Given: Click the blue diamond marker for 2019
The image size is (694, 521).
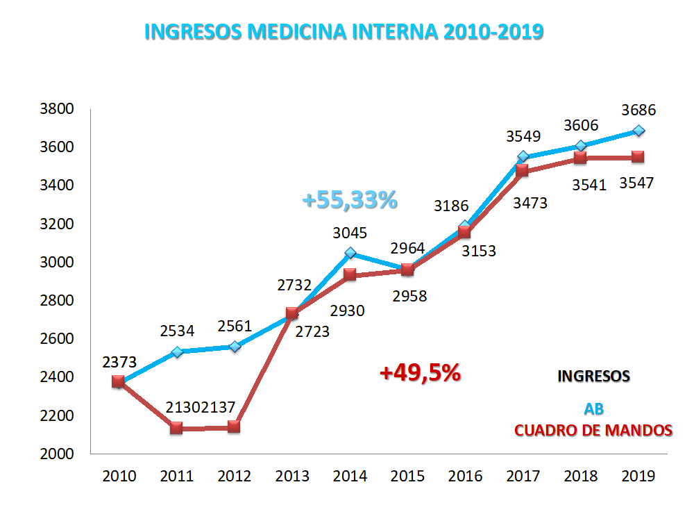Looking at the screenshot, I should click(638, 131).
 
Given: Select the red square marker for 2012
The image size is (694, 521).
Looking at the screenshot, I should click(234, 427).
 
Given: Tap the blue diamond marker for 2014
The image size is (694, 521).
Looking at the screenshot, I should click(350, 254).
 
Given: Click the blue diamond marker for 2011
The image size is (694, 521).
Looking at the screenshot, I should click(177, 352).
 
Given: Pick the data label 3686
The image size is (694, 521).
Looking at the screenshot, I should click(638, 110).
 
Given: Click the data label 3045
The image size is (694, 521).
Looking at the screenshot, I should click(350, 233).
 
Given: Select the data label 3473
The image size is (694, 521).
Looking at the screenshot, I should click(530, 204).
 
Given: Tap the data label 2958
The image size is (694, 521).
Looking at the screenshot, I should click(409, 296).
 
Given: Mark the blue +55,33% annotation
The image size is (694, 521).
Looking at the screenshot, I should click(350, 200).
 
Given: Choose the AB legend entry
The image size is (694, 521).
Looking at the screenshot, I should click(594, 409).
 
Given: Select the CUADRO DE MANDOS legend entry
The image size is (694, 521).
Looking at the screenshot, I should click(593, 431).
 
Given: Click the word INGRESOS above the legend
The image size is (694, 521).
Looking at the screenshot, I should click(594, 376).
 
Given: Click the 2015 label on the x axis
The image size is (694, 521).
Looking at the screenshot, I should click(408, 477).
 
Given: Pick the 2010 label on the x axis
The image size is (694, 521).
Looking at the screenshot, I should click(119, 477).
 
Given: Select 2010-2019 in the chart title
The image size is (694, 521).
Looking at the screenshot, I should click(489, 32).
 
